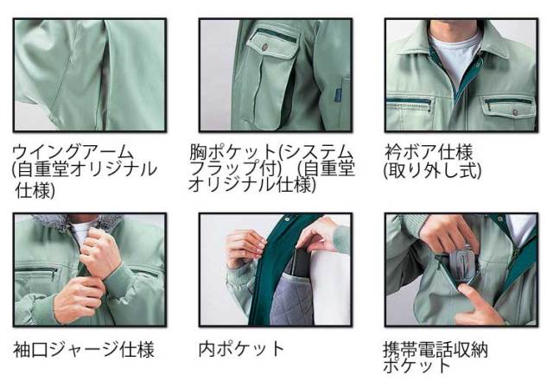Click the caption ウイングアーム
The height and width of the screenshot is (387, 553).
pos(73,152)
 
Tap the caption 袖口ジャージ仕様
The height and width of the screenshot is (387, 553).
pos(84,350)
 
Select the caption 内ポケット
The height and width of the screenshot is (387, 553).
pos(242,349)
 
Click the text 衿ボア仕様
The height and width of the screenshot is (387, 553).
pos(429,152)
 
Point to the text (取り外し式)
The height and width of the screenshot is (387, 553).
pos(432,170)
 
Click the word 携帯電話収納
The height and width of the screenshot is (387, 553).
pos(435,350)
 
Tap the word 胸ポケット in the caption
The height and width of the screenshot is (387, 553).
pos(232,152)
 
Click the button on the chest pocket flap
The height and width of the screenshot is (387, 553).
pos(265,45)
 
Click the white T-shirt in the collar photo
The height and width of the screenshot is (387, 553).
pos(455,56)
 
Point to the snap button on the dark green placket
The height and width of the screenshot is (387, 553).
pos(287,219)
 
